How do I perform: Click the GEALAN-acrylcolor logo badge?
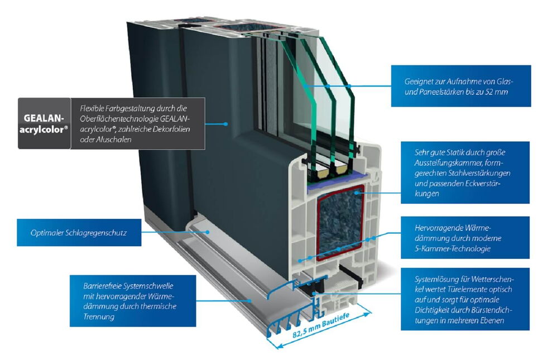pyautogui.click(x=44, y=123)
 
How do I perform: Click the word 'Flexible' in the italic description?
pyautogui.click(x=93, y=108)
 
